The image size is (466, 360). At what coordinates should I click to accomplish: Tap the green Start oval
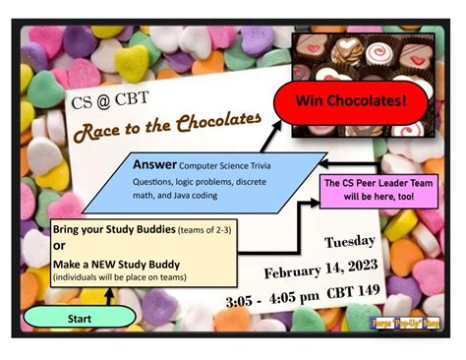pyautogui.click(x=80, y=318)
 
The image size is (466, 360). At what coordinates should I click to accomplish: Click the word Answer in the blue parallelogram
pyautogui.click(x=155, y=164)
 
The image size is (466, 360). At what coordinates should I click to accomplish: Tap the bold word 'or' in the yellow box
pyautogui.click(x=60, y=245)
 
